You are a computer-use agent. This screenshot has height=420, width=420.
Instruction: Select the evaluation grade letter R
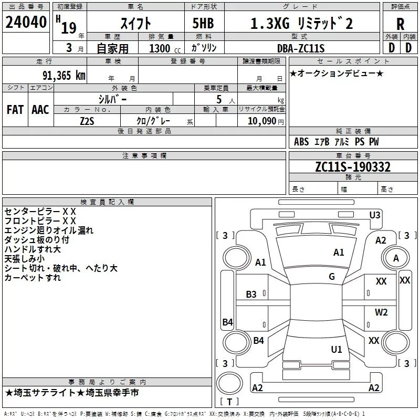[400, 24]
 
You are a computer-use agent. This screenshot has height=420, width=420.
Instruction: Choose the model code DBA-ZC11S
[301, 48]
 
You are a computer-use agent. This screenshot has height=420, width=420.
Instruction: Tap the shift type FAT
[15, 110]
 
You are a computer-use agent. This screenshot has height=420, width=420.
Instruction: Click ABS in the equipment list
[301, 142]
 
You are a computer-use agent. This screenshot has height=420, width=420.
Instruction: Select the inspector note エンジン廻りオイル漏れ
[49, 230]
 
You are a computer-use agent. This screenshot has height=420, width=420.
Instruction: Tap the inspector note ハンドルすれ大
[33, 249]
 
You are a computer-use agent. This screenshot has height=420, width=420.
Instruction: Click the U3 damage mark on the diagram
[375, 215]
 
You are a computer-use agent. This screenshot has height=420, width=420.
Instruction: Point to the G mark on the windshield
[332, 277]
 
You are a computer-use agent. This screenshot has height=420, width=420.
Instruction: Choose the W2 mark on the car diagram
[381, 312]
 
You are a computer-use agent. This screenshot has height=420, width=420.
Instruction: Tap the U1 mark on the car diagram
[337, 349]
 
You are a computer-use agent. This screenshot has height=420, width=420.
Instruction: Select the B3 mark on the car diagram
[251, 295]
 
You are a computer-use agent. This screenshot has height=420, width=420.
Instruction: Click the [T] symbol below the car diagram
[229, 402]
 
